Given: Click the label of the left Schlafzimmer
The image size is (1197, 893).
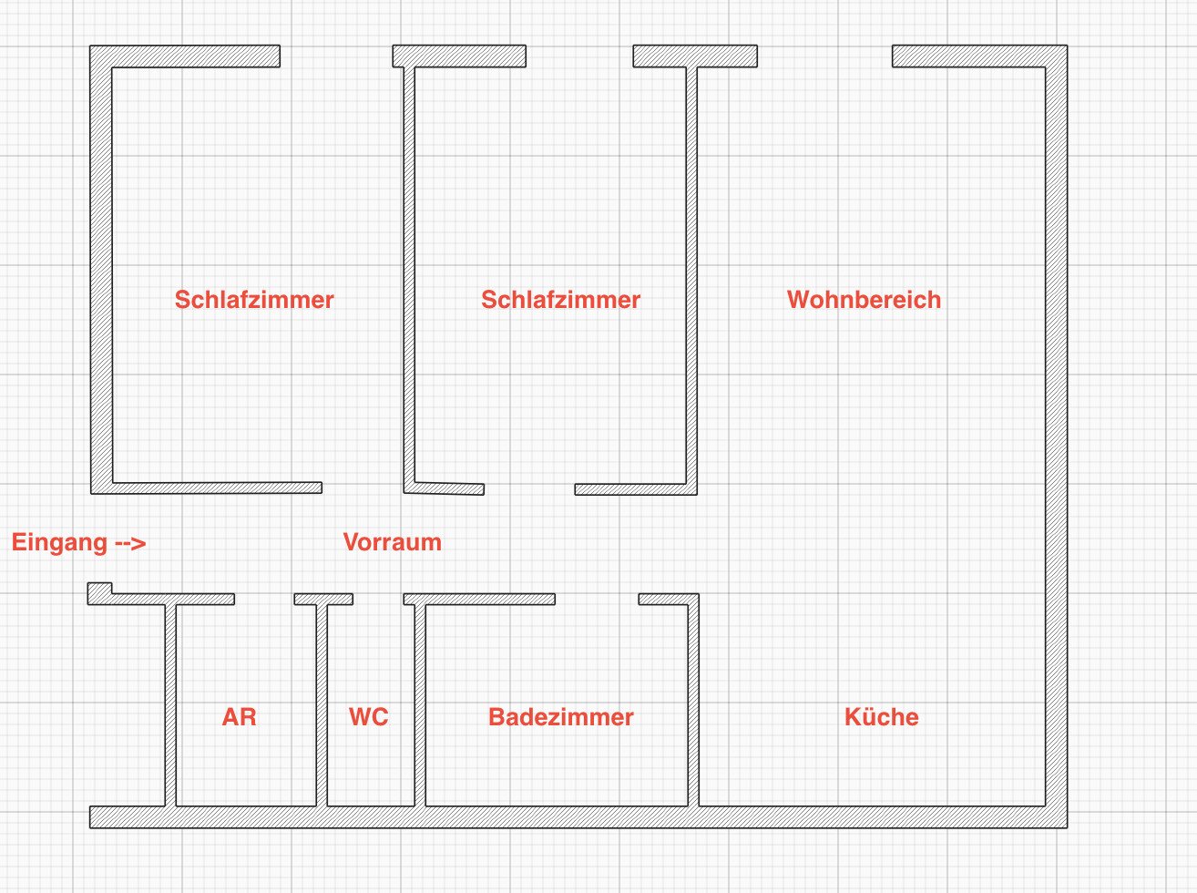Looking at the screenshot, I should click(254, 300).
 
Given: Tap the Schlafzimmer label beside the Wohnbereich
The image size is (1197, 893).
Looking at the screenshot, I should click(560, 300).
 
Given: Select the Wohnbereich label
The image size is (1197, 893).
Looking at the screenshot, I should click(864, 300).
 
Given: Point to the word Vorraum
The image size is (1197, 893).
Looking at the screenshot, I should click(393, 542).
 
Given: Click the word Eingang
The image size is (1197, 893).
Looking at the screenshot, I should click(59, 543).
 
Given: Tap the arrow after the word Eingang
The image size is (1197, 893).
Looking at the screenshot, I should click(130, 543).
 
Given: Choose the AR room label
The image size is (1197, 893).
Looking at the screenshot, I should click(239, 717).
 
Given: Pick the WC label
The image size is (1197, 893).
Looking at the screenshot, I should click(368, 717).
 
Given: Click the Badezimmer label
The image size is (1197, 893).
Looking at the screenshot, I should click(560, 717).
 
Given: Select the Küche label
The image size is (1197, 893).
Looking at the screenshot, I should click(881, 717).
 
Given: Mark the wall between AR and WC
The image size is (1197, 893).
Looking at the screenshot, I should click(322, 702).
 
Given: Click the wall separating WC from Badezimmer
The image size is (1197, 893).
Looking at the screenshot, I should click(420, 702).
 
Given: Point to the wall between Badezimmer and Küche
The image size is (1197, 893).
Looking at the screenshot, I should click(693, 702).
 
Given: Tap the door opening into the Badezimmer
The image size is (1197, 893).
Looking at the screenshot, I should click(597, 600).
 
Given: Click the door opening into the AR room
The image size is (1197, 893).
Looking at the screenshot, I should click(264, 600).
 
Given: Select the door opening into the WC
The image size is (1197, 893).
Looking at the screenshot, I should click(378, 600).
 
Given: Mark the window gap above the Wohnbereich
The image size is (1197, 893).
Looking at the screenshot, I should click(824, 56).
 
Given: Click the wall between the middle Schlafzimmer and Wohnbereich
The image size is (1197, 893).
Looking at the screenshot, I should click(691, 273).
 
